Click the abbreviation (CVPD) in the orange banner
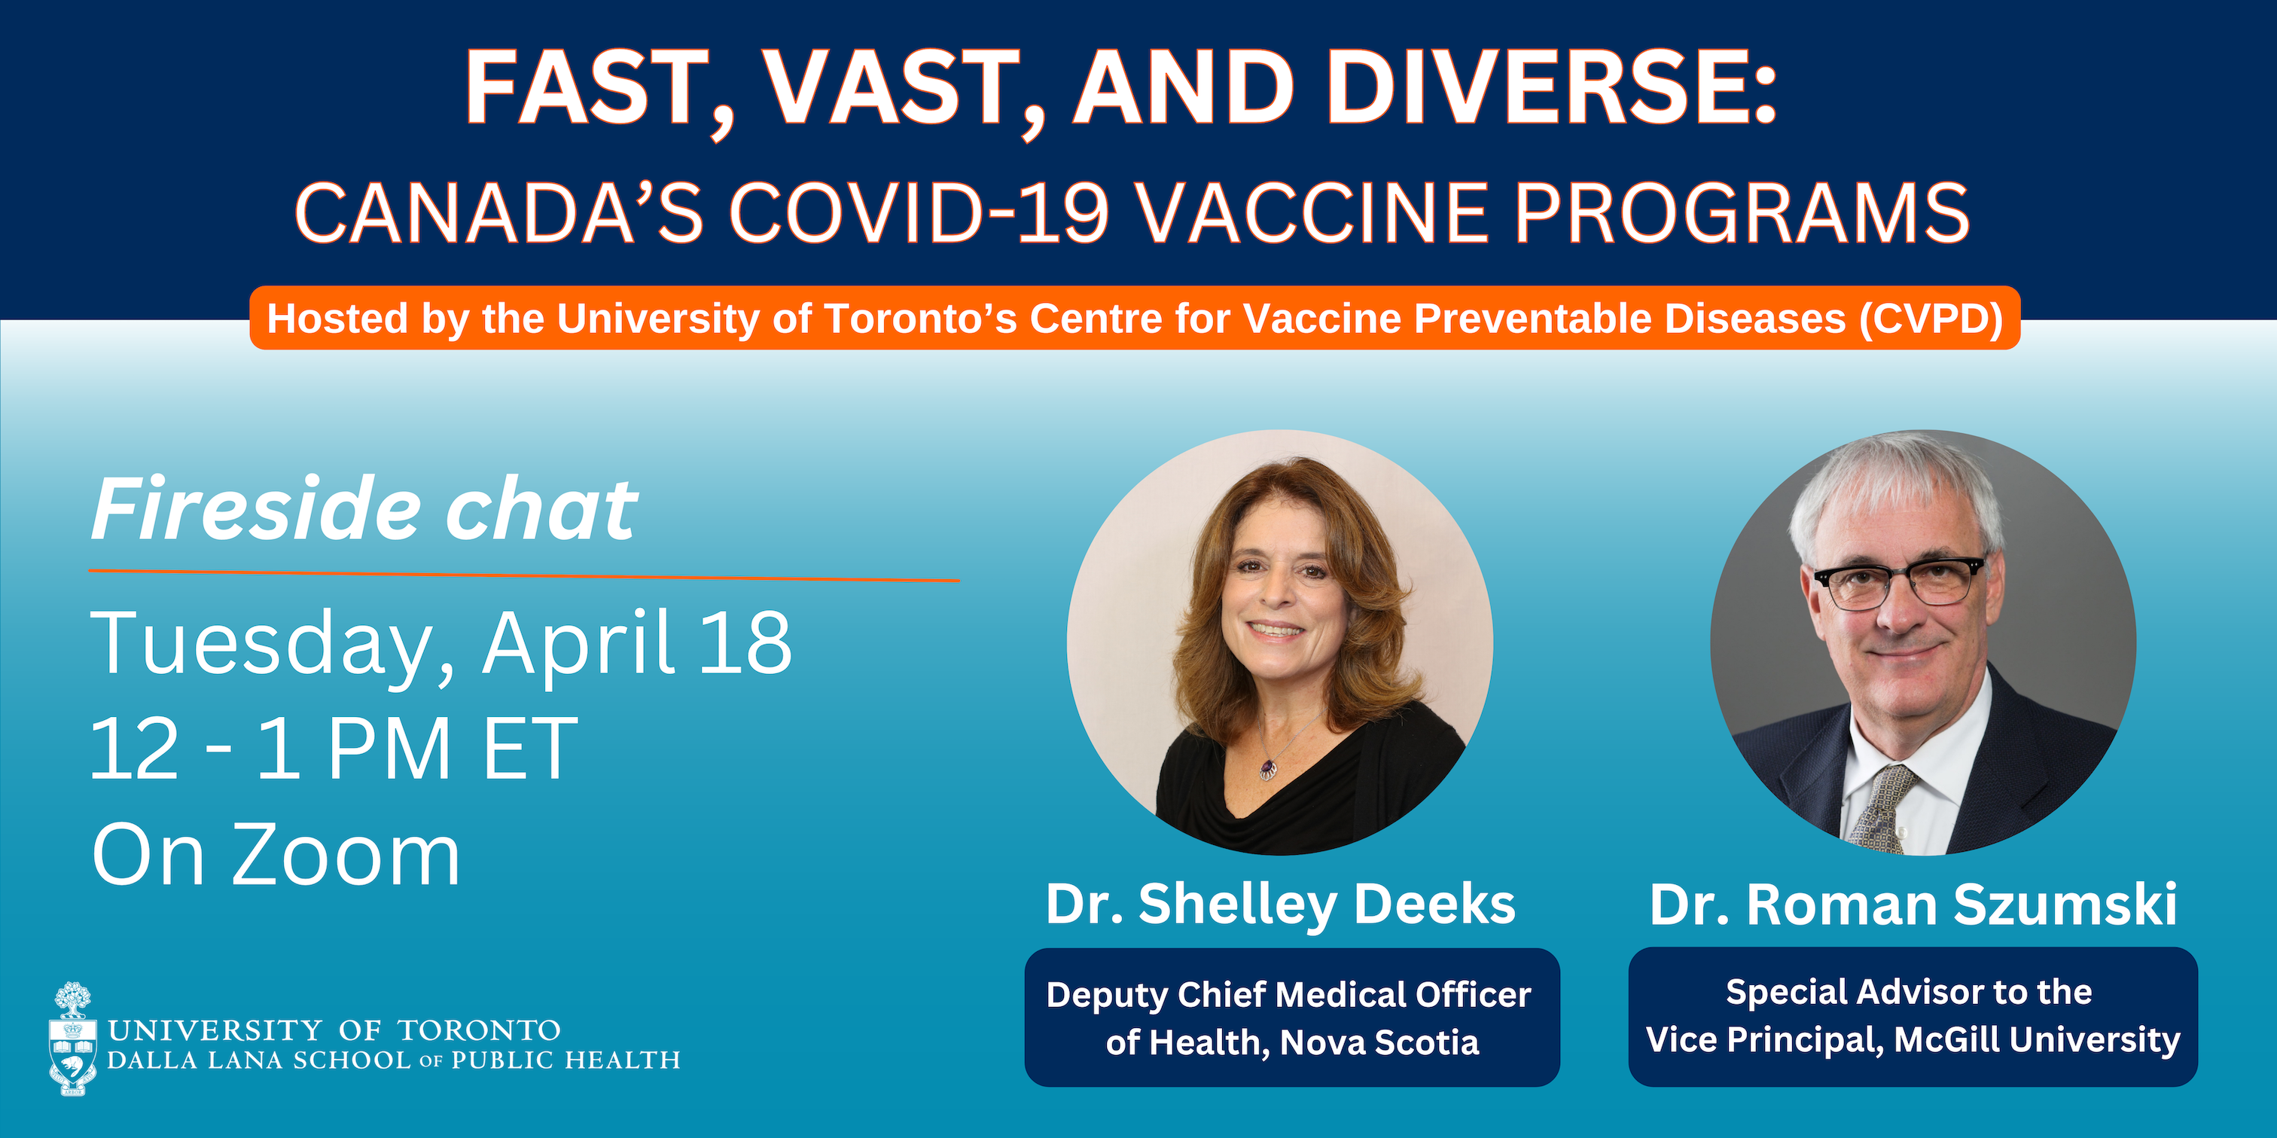click(1931, 319)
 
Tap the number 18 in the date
click(746, 643)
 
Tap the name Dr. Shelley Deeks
click(1281, 904)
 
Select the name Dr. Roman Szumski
click(1913, 905)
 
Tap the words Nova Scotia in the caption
click(1379, 1042)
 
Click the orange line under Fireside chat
click(524, 575)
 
